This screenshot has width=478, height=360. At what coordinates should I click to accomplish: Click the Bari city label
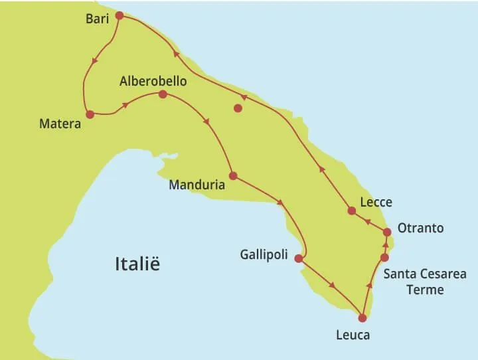[x=97, y=19]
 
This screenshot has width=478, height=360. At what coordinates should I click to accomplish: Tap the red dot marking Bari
[x=119, y=15]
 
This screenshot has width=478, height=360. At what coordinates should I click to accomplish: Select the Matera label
[x=60, y=124]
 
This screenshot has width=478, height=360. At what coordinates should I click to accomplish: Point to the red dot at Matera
[x=90, y=114]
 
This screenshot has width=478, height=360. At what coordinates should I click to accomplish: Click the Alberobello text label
[x=153, y=82]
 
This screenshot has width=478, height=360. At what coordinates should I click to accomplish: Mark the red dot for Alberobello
[x=163, y=94]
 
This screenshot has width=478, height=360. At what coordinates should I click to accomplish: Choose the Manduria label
[x=197, y=185]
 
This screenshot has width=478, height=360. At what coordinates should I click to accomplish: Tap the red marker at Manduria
[x=233, y=176]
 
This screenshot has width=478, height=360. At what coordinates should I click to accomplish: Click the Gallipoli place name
[x=264, y=255]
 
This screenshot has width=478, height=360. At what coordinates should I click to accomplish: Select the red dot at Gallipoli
[x=299, y=258]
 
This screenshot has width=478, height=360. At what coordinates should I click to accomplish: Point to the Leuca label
[x=353, y=335]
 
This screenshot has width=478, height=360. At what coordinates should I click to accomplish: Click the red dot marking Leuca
[x=362, y=318]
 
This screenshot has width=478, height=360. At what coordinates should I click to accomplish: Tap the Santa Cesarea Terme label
[x=425, y=282]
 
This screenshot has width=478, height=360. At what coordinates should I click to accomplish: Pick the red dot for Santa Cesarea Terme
[x=384, y=257]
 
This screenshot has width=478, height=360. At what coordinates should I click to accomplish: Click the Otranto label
[x=420, y=228]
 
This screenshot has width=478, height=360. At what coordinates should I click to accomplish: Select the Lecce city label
[x=375, y=203]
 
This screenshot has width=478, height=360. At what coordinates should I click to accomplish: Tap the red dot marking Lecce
[x=352, y=211]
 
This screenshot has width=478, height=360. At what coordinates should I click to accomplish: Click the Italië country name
[x=137, y=264]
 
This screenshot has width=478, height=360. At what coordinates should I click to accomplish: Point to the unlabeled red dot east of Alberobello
[x=238, y=108]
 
